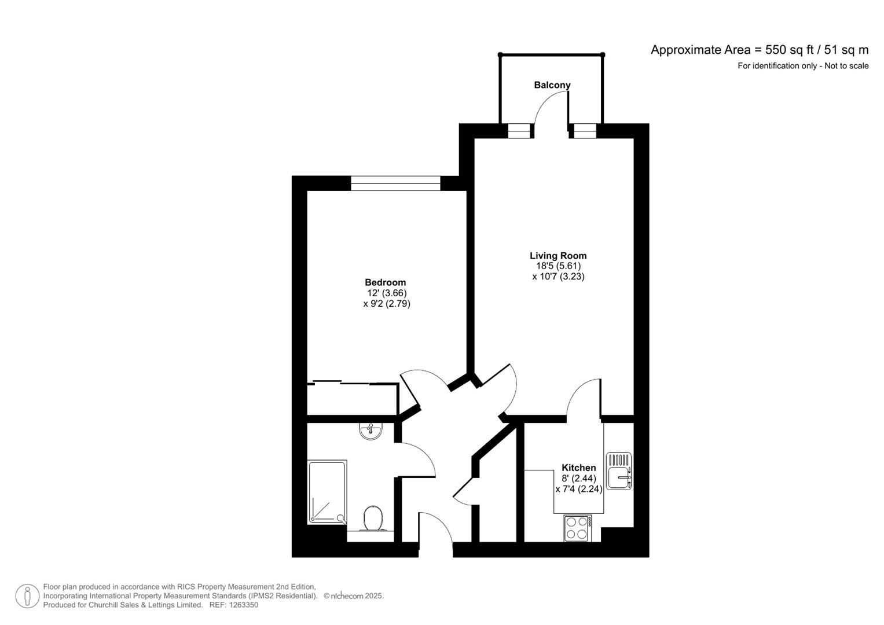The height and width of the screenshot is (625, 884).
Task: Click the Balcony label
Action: [x=552, y=85]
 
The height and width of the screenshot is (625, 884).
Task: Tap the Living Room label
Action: [x=558, y=255]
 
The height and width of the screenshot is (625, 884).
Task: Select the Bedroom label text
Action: [x=385, y=282]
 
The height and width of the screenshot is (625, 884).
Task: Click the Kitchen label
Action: [x=578, y=468]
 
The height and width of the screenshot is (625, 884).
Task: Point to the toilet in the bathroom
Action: [x=372, y=518]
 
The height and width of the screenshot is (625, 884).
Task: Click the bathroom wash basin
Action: [x=370, y=431]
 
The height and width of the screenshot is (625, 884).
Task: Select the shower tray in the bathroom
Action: [x=327, y=492]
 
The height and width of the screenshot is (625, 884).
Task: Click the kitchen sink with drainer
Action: [x=619, y=471]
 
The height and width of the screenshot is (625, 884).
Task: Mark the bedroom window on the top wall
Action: [x=395, y=183]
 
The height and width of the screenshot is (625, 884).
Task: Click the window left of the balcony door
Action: [x=519, y=131]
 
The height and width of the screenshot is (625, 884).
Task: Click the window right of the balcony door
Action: [x=585, y=131]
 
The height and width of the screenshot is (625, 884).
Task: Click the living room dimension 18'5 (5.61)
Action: [x=558, y=266]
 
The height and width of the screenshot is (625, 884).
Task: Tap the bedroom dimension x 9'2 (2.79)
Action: [x=386, y=304]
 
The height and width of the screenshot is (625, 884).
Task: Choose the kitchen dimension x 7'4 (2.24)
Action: [x=578, y=489]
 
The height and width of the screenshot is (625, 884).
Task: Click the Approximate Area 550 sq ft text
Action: [x=759, y=50]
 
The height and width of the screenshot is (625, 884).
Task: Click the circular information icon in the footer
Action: [x=27, y=596]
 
